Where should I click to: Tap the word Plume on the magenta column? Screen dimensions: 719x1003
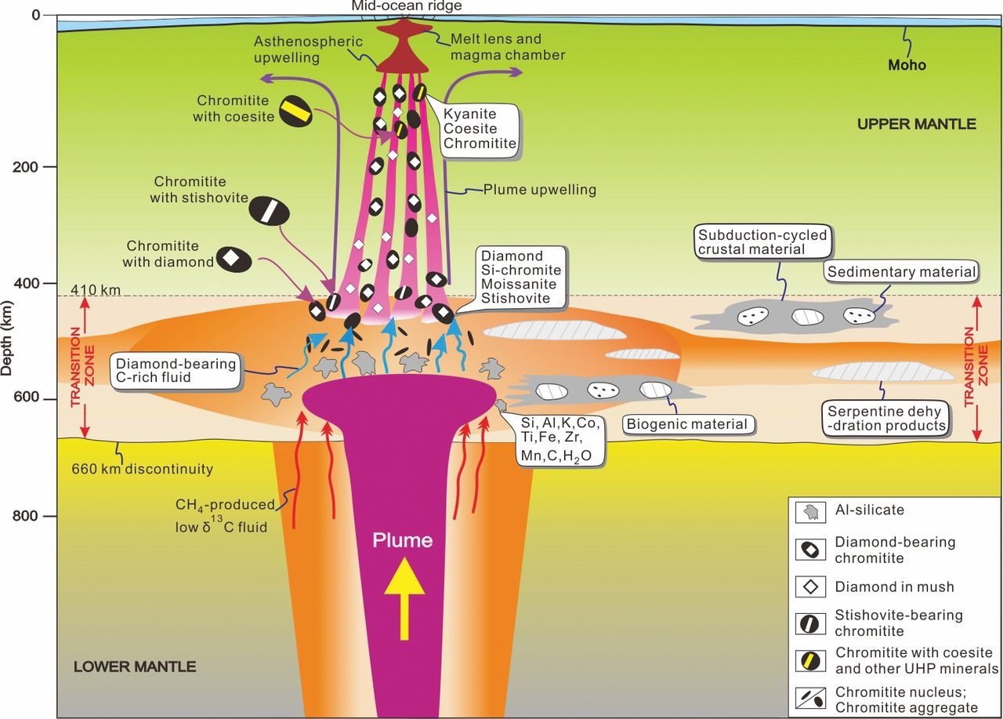[402, 540]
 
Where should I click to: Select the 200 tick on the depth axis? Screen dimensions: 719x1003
[50, 167]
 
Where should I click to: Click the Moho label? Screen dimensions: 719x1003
[907, 65]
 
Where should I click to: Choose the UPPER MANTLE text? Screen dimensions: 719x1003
[916, 124]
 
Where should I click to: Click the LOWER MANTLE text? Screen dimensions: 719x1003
[135, 667]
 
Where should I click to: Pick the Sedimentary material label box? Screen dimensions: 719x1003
[900, 272]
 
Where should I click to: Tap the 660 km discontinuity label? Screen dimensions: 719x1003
[142, 470]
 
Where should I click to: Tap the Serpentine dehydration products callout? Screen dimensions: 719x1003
[886, 417]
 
